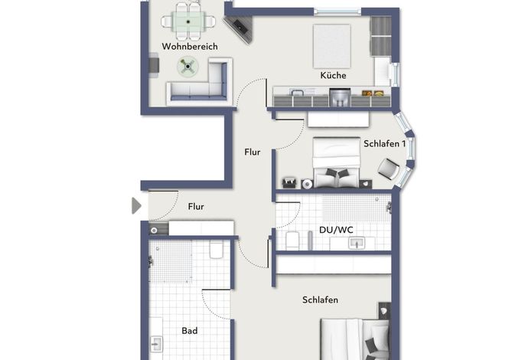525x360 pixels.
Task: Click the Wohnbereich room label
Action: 190,46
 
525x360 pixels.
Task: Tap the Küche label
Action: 333,75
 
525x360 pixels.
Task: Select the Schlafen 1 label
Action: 385,143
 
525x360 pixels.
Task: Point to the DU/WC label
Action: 336,230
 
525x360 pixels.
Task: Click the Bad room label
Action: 190,331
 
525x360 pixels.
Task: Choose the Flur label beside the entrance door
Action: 196,207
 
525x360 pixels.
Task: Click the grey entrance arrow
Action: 136,205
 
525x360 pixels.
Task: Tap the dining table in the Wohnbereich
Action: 188,21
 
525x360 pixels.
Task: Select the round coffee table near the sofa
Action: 187,67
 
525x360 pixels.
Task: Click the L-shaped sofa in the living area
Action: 201,82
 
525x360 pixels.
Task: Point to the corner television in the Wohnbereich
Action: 240,28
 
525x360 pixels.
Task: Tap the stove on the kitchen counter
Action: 340,97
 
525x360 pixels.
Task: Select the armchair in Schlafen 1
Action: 389,169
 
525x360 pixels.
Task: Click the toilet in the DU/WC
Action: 292,241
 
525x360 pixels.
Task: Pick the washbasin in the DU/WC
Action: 357,243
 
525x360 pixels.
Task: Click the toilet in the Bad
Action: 217,249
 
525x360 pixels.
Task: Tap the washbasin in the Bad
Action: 156,344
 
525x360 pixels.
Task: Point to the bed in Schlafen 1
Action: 337,162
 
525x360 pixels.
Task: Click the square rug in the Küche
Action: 332,46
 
